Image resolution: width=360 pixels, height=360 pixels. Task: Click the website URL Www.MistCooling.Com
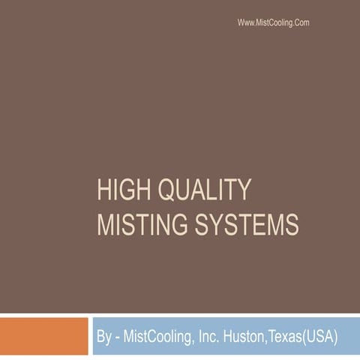(273, 23)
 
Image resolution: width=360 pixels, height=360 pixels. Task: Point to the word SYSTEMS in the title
(247, 224)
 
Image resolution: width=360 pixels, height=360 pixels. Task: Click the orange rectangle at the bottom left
(43, 336)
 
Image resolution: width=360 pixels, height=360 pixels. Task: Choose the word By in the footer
(103, 337)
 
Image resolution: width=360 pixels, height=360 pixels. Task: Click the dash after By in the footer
(118, 337)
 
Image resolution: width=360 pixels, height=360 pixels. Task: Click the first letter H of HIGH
(104, 191)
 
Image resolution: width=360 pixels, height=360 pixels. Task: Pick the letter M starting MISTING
(106, 224)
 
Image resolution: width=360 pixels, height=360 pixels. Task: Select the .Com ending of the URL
(300, 23)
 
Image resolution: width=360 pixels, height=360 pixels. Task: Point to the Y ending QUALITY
(243, 191)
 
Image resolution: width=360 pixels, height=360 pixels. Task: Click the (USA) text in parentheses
(327, 337)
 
